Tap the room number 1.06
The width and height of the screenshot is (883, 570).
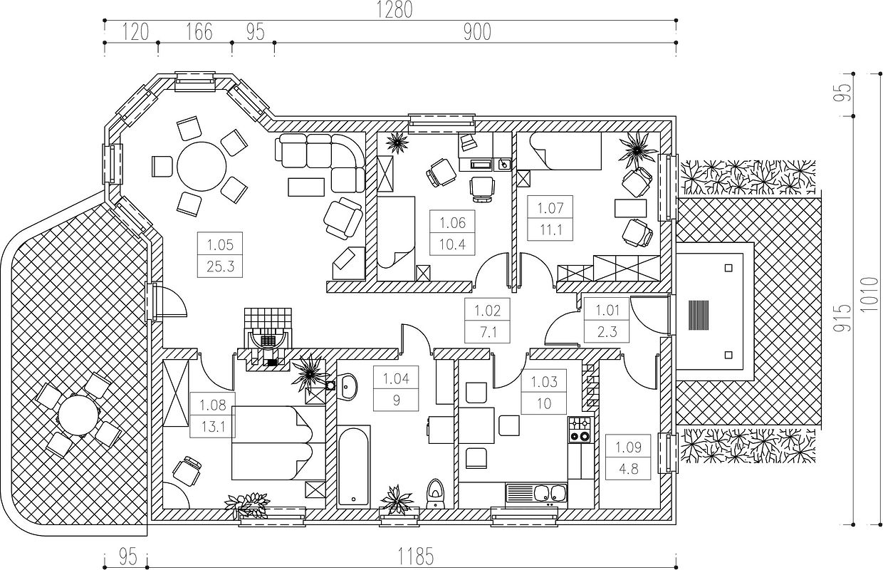452,223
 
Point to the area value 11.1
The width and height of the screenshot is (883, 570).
550,229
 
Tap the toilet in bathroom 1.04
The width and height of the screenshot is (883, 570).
434,492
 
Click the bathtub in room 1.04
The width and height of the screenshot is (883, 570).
353,466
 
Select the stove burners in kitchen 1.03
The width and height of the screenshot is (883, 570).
579,429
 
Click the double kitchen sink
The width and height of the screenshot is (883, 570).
545,492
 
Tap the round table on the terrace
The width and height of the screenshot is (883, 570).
75,415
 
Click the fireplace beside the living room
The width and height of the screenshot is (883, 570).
267,338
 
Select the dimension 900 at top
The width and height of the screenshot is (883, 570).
476,32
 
